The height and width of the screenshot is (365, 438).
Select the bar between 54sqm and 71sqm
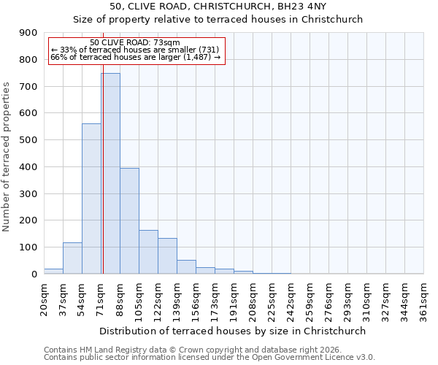pos(91,199)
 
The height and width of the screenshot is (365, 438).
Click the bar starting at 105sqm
pos(148,252)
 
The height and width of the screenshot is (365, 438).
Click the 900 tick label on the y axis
pos(28,33)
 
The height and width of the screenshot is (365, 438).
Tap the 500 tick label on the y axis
pos(28,140)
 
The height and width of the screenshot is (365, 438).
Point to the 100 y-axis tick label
pos(28,247)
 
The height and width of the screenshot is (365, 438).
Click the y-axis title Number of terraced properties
pos(7,156)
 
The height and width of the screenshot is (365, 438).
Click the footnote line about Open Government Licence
pos(210,358)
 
